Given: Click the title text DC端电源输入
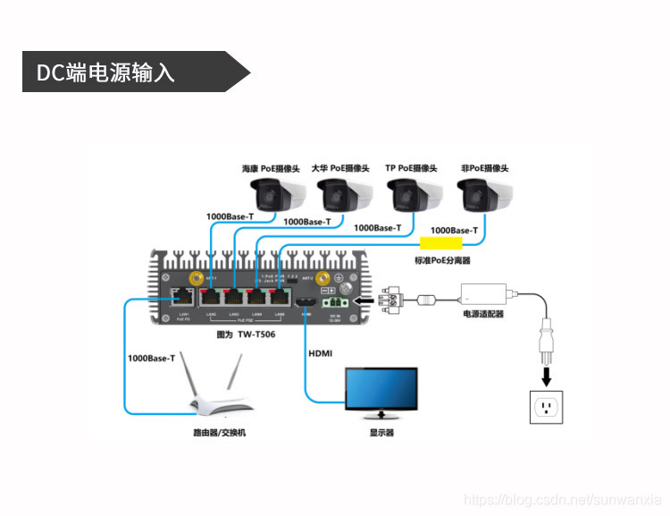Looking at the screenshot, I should (x=105, y=72).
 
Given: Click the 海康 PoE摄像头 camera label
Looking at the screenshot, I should (x=271, y=168).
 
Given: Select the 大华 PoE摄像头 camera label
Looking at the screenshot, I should (x=340, y=168).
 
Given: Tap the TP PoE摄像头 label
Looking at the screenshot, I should (x=411, y=168).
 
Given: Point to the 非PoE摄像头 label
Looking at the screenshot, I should (x=483, y=168).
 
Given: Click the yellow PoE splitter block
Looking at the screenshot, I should (x=441, y=242).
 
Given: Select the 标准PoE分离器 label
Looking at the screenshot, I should (x=441, y=260).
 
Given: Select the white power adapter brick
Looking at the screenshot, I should (x=482, y=292).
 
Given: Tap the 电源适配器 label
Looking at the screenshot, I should (x=482, y=314).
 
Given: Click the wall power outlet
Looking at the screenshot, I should (x=548, y=409).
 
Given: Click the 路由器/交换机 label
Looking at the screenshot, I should (x=219, y=433).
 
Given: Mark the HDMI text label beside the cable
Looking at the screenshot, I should (x=321, y=353).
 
